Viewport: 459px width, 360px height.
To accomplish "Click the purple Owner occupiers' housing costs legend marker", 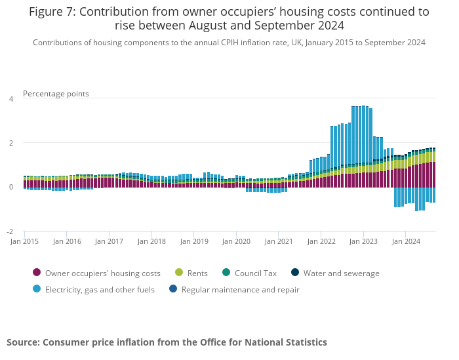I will coord(37,273).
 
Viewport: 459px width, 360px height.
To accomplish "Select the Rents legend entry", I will coord(197,273).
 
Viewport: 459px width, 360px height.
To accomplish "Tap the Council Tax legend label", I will coord(255,273).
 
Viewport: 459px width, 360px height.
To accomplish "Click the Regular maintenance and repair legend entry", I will coord(240,289).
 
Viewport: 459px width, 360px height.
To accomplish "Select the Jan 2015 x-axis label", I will coord(25,241).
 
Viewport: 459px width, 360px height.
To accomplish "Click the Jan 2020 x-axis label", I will coord(236,241).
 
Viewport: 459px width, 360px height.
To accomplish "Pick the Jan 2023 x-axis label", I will coord(363,241).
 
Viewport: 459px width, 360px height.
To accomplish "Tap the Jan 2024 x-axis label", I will coord(406,241).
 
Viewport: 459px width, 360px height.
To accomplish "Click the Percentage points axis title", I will coord(56,94).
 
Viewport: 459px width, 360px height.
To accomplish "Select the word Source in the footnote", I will coord(23,342).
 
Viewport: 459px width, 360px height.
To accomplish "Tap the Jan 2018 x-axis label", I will coord(151,241).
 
